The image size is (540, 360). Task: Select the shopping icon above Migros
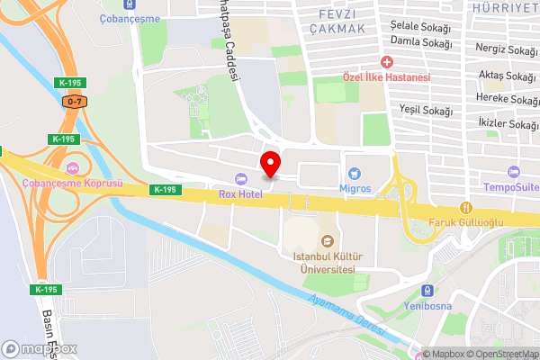click(355, 172)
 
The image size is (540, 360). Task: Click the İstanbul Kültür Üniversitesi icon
click(327, 240)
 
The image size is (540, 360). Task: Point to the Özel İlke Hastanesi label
click(387, 77)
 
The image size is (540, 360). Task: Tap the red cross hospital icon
click(387, 62)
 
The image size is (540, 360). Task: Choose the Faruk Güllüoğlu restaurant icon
click(465, 208)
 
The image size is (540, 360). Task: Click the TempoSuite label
click(511, 187)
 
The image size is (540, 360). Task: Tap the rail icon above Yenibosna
click(427, 290)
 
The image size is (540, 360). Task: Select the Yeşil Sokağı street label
click(425, 110)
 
